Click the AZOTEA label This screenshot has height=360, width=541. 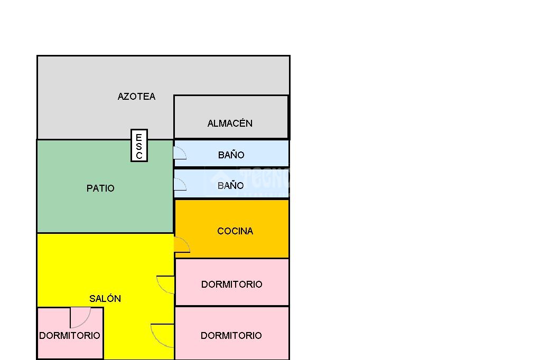coord(136,97)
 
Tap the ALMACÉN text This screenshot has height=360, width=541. coord(230,124)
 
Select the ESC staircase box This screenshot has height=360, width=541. coord(139,146)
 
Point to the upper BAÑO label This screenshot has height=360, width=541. coord(231,155)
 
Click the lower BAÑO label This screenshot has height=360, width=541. coord(231,185)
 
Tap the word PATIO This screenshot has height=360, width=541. coord(100,188)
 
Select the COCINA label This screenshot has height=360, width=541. coord(235,231)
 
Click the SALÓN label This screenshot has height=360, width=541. coord(105,299)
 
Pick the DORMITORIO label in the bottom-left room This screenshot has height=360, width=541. coord(70,336)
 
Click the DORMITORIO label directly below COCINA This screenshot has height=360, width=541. coord(231,285)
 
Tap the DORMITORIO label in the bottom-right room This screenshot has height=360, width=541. coord(231,336)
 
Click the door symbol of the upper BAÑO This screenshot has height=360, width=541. coord(180,153)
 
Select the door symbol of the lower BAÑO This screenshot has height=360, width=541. coord(180,184)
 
